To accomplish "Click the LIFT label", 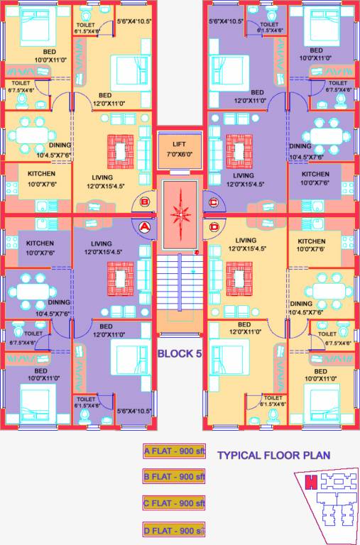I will click(x=180, y=143).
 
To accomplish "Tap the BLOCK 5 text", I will click(x=179, y=353).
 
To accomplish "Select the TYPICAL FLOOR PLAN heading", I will click(x=273, y=456).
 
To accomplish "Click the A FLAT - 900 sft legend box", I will click(x=174, y=450).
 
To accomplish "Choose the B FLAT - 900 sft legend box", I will click(x=174, y=476).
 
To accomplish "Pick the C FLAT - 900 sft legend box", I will click(x=174, y=503).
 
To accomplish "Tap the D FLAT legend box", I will click(x=174, y=529).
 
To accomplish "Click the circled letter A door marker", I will click(x=144, y=226).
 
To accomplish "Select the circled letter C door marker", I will click(x=214, y=202).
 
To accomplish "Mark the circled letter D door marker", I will click(x=214, y=226).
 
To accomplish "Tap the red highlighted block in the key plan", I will click(x=310, y=483).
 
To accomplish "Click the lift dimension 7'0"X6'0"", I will click(x=180, y=153).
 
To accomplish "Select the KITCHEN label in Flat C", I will click(x=315, y=174).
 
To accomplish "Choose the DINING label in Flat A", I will click(x=60, y=302).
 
